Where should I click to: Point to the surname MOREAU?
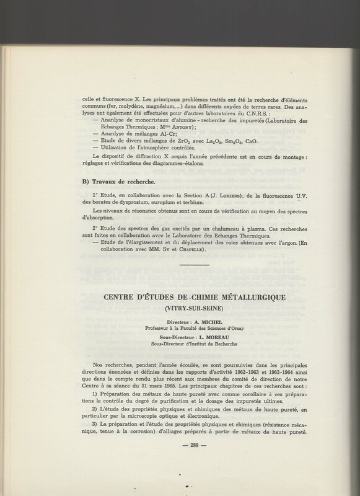click(x=204, y=337)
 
